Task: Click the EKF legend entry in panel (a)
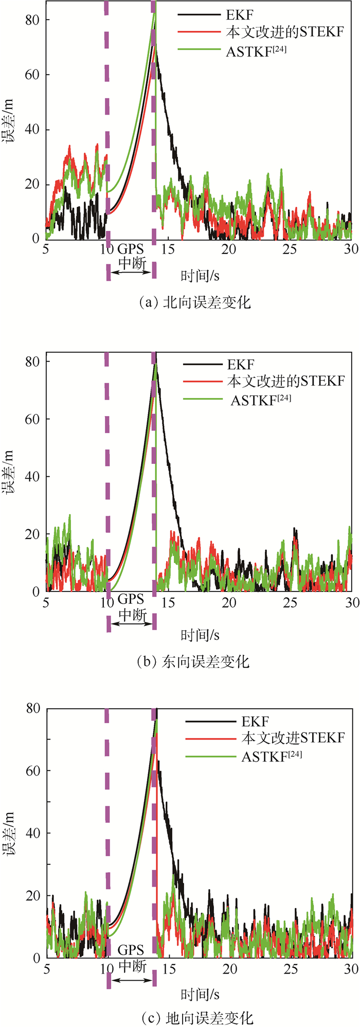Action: click(240, 15)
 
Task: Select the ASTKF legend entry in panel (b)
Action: click(261, 400)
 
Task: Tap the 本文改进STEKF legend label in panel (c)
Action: click(293, 738)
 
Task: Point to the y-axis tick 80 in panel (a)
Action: click(33, 20)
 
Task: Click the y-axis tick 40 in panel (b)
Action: click(33, 477)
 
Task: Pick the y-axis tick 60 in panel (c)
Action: click(33, 771)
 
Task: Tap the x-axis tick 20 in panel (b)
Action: click(229, 602)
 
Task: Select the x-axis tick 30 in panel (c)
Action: click(351, 969)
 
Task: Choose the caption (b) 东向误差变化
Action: click(193, 661)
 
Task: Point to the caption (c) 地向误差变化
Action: click(197, 1017)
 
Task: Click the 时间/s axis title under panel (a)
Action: click(200, 276)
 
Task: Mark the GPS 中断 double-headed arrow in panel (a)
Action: click(132, 272)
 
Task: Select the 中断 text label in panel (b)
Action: click(132, 615)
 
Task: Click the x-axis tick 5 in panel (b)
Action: click(46, 602)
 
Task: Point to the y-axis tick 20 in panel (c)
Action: click(33, 896)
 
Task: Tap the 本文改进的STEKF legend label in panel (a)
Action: click(285, 32)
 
